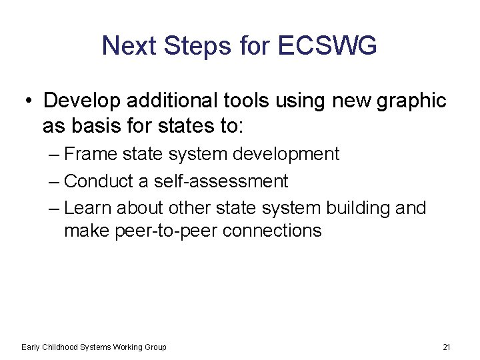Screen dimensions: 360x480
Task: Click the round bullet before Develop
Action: click(x=27, y=101)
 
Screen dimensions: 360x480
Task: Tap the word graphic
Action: click(x=411, y=101)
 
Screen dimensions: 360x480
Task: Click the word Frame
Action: click(x=91, y=154)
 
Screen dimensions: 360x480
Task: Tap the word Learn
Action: click(x=89, y=208)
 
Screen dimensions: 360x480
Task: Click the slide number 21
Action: click(x=447, y=347)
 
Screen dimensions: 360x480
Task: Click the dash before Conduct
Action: click(x=55, y=181)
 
